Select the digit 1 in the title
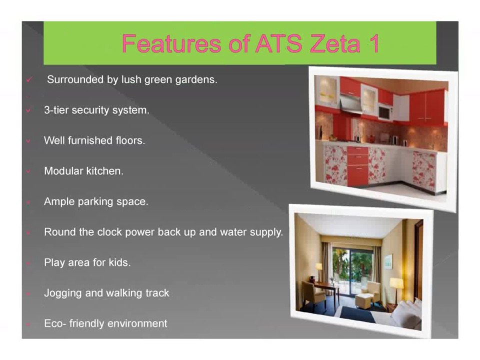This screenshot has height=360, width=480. click(x=372, y=44)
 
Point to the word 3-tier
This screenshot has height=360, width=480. click(x=56, y=110)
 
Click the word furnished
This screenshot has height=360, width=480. click(x=88, y=141)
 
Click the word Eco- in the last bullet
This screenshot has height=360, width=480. click(x=54, y=323)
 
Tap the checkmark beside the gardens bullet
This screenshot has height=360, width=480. click(x=29, y=80)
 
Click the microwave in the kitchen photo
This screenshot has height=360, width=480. click(x=385, y=111)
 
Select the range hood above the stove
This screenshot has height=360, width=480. click(x=351, y=105)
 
